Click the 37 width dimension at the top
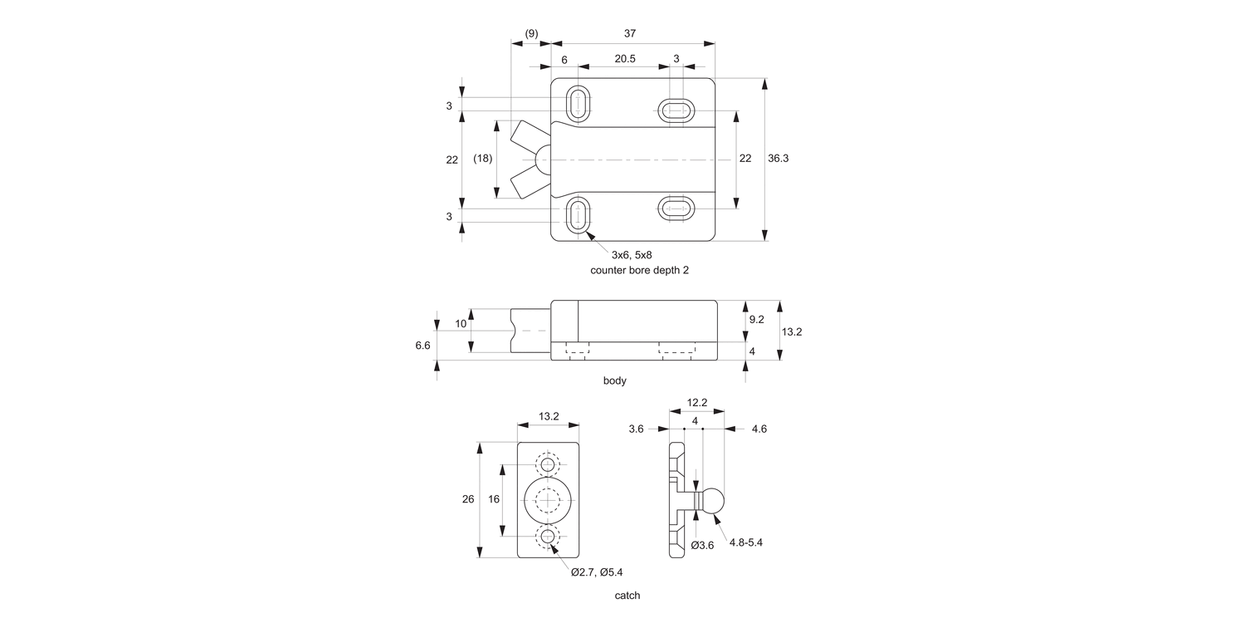[x=630, y=33]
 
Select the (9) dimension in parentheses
[x=531, y=33]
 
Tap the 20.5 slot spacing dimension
[x=625, y=59]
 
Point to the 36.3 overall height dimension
[x=778, y=158]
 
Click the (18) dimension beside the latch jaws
[x=482, y=158]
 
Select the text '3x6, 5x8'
[x=637, y=254]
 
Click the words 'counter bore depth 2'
[x=639, y=270]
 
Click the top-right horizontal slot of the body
[x=676, y=110]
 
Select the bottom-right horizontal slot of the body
[x=676, y=208]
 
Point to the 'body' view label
[x=614, y=380]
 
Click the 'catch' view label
[x=627, y=596]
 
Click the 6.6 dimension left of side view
[x=422, y=345]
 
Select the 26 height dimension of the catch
[x=468, y=499]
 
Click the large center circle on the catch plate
[x=547, y=500]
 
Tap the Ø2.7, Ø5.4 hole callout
[x=597, y=571]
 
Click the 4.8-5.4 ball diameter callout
[x=746, y=542]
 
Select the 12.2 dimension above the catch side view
[x=696, y=403]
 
